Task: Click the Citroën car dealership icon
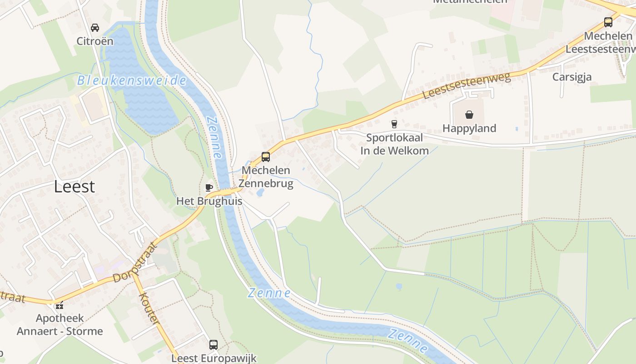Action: pos(95,28)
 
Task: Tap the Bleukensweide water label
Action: pos(132,81)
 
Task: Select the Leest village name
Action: pos(75,186)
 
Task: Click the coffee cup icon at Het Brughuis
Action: pos(209,187)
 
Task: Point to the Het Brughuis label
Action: pos(209,201)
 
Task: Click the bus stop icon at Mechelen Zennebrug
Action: pos(266,157)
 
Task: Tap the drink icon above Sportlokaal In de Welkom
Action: pos(394,124)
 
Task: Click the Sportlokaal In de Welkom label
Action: pos(394,144)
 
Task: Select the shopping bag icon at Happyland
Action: pos(469,114)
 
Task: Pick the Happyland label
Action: pos(469,128)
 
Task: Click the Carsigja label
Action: pos(572,77)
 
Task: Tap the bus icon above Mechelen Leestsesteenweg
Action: pos(608,22)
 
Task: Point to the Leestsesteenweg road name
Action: pos(467,86)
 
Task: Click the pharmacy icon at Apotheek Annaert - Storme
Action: pos(60,304)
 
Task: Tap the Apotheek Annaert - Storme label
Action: pos(60,324)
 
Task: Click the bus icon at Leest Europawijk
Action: pos(214,344)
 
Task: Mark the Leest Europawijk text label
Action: pos(214,358)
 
